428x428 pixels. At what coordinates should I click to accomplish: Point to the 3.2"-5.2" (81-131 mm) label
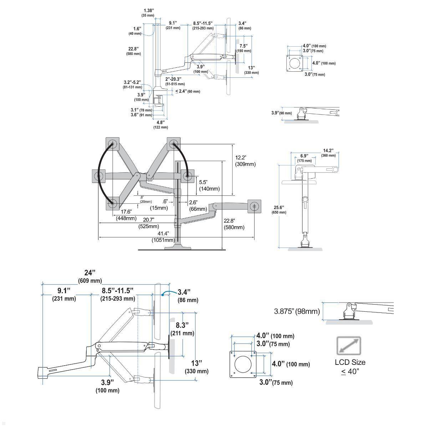pos(133,84)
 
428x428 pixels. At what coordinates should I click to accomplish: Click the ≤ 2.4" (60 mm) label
pos(188,91)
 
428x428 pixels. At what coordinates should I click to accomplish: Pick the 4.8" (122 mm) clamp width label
pos(160,124)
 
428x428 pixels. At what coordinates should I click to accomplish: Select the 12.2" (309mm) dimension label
pos(245,161)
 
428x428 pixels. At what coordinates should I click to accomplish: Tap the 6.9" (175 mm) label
pos(304,158)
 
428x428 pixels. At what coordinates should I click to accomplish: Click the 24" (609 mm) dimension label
pos(90,276)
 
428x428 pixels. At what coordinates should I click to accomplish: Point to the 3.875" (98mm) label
pos(297,311)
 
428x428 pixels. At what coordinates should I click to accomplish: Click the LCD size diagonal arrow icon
pos(349,346)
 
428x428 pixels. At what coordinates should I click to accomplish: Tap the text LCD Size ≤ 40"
pos(350,367)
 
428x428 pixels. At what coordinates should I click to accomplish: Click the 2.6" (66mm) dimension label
pos(198,206)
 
